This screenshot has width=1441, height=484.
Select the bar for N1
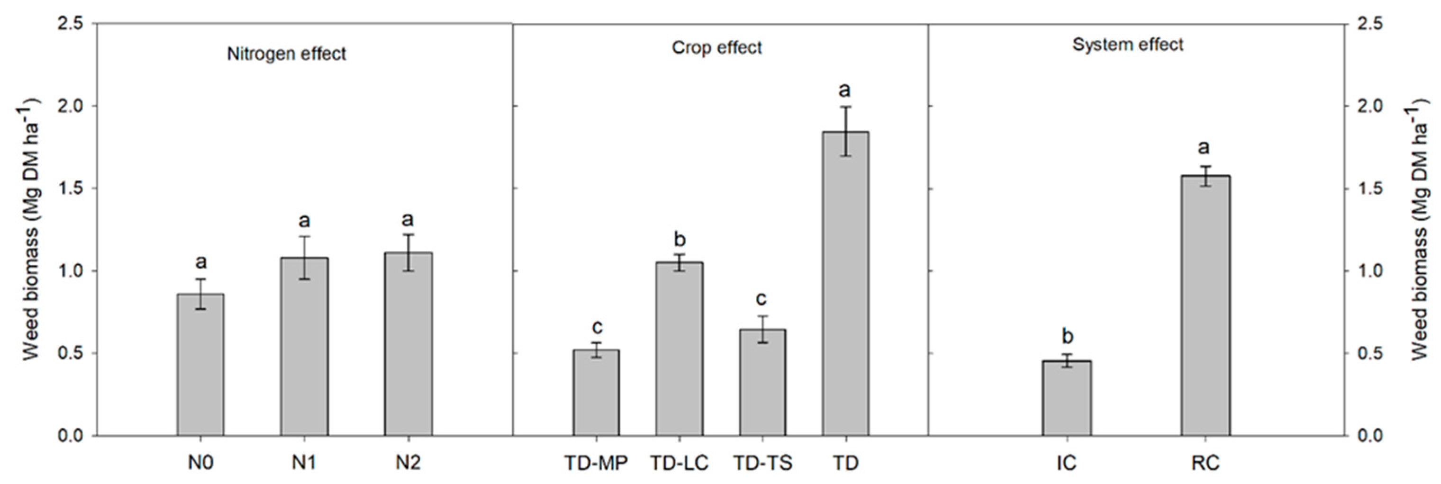[x=304, y=347]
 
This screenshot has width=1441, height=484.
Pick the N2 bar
[x=408, y=344]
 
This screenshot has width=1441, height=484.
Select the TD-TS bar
[x=762, y=382]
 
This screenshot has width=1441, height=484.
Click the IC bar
[x=1066, y=398]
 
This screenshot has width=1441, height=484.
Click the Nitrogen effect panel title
[x=286, y=54]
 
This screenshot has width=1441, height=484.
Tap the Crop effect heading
[x=716, y=47]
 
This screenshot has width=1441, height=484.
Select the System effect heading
[x=1127, y=44]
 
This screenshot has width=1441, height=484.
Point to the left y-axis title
[x=31, y=229]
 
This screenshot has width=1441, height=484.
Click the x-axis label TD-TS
[x=762, y=463]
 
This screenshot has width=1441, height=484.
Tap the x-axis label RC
[x=1205, y=463]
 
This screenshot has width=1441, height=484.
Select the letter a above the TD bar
[x=845, y=90]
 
